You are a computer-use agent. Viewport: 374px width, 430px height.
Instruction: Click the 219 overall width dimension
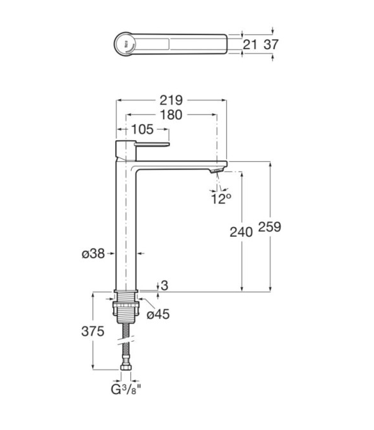(x=171, y=100)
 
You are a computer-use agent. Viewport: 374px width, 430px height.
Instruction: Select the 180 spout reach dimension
(x=171, y=115)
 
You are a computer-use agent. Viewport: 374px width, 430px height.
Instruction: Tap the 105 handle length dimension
(x=143, y=129)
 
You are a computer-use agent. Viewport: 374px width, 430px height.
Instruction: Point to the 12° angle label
(x=221, y=198)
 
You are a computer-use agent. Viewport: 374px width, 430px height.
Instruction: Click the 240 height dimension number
(x=241, y=232)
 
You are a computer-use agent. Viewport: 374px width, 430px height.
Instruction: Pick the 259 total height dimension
(x=270, y=227)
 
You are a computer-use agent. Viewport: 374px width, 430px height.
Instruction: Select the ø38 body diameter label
(x=93, y=253)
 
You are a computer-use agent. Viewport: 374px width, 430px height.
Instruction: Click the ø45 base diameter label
(x=158, y=314)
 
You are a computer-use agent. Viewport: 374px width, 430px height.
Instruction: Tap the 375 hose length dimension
(x=93, y=331)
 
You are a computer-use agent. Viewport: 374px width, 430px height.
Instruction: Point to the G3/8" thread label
(x=126, y=390)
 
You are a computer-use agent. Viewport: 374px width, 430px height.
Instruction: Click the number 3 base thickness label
(x=164, y=285)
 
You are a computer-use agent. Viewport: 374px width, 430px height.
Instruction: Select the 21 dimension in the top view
(x=250, y=44)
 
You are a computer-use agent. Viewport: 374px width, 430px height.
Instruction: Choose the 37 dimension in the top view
(x=271, y=44)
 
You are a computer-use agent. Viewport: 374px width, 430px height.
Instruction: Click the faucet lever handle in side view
(x=153, y=145)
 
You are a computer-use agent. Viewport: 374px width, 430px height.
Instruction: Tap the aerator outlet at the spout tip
(x=217, y=171)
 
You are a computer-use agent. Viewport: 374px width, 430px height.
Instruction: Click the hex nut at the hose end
(x=126, y=367)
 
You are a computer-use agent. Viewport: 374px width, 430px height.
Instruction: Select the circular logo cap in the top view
(x=125, y=44)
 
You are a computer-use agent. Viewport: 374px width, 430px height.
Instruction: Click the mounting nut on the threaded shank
(x=126, y=309)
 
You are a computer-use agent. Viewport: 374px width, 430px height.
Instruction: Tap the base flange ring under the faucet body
(x=126, y=291)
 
